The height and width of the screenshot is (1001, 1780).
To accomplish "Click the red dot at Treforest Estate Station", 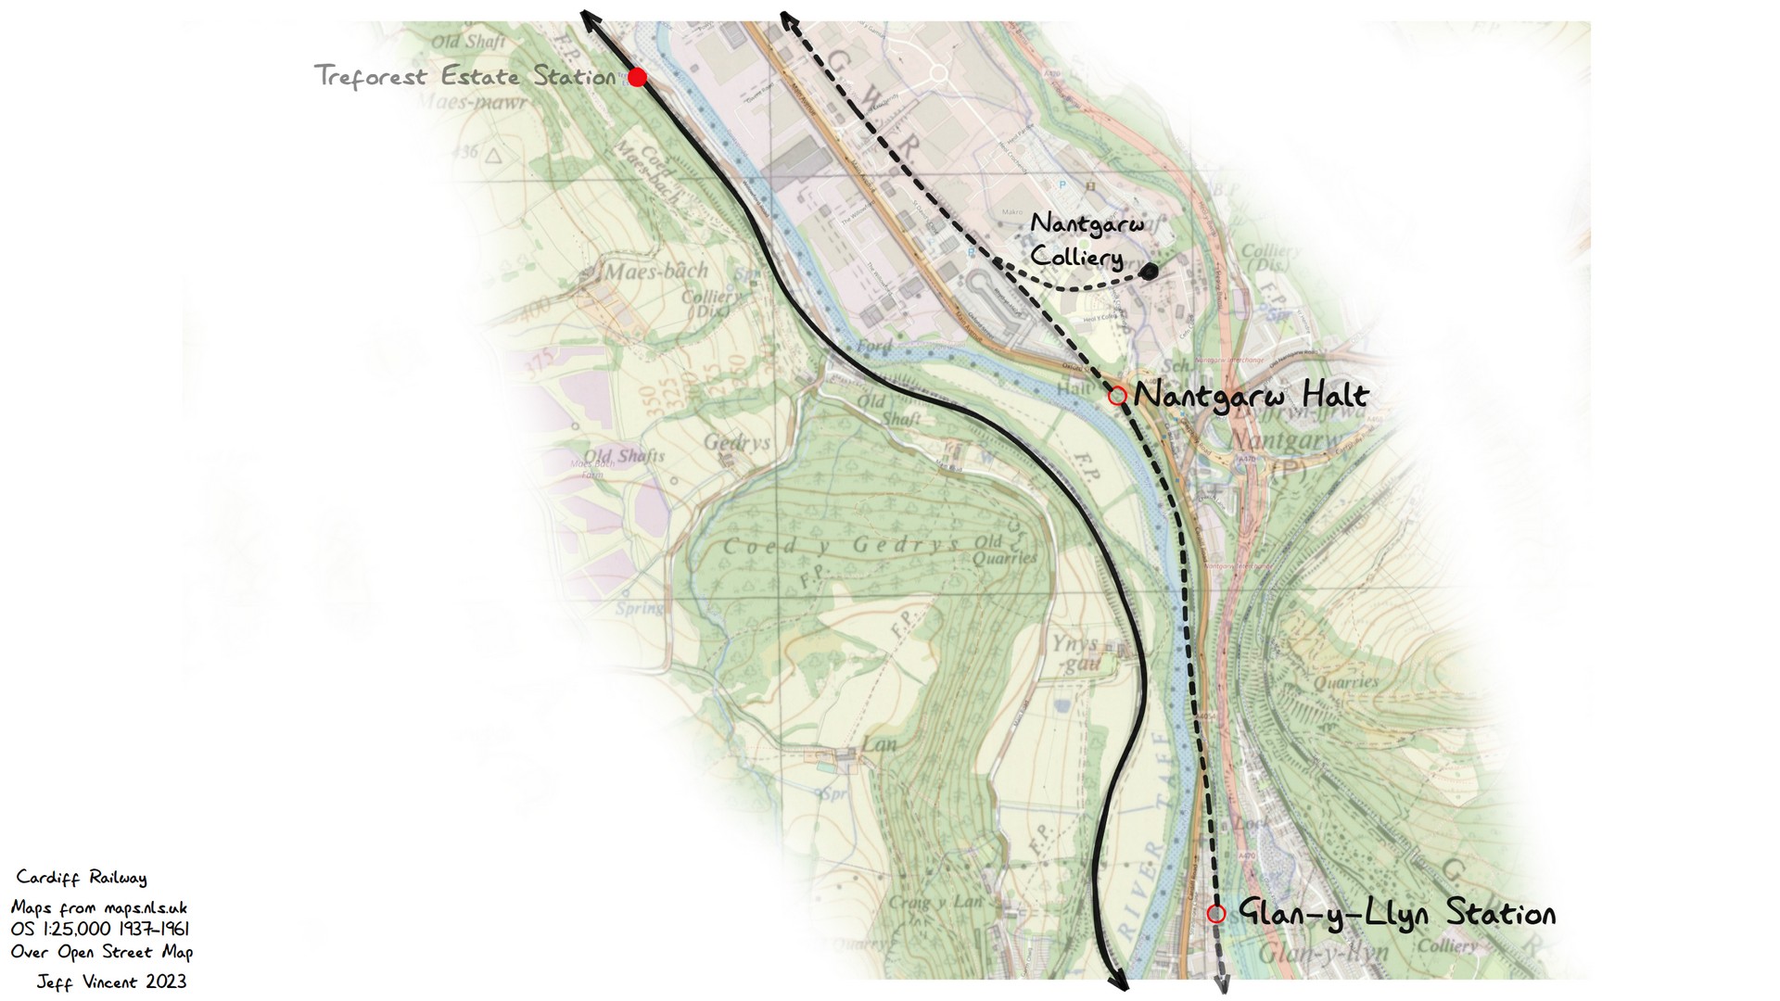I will coord(637,77).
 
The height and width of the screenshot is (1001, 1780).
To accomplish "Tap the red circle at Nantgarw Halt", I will coord(1117,396).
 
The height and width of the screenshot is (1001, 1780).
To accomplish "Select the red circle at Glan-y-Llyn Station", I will coord(1216,914).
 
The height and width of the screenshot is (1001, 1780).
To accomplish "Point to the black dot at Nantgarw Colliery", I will coord(1149,271).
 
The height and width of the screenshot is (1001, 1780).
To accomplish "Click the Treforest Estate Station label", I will coord(465,76).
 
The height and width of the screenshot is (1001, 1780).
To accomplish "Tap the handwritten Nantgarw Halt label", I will coord(1252,397).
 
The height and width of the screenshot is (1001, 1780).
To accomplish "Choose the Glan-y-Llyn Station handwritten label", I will coord(1397,914).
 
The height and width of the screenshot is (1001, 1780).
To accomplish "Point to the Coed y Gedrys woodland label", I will coord(841,545).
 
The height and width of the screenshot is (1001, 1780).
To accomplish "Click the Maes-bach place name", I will coord(656,272).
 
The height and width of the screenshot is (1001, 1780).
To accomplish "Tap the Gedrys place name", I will coord(737,442).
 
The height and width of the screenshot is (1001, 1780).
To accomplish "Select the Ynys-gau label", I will coord(1075,653).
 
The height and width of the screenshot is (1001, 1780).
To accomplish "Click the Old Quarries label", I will coord(1005,550).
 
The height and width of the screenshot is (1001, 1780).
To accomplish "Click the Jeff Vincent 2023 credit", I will coord(111,982).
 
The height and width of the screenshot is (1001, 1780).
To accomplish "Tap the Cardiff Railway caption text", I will coord(82,878).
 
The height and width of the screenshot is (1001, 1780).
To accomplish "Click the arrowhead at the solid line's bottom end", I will coord(1119,983).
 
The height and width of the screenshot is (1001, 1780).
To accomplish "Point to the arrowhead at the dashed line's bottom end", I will coord(1222,985).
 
